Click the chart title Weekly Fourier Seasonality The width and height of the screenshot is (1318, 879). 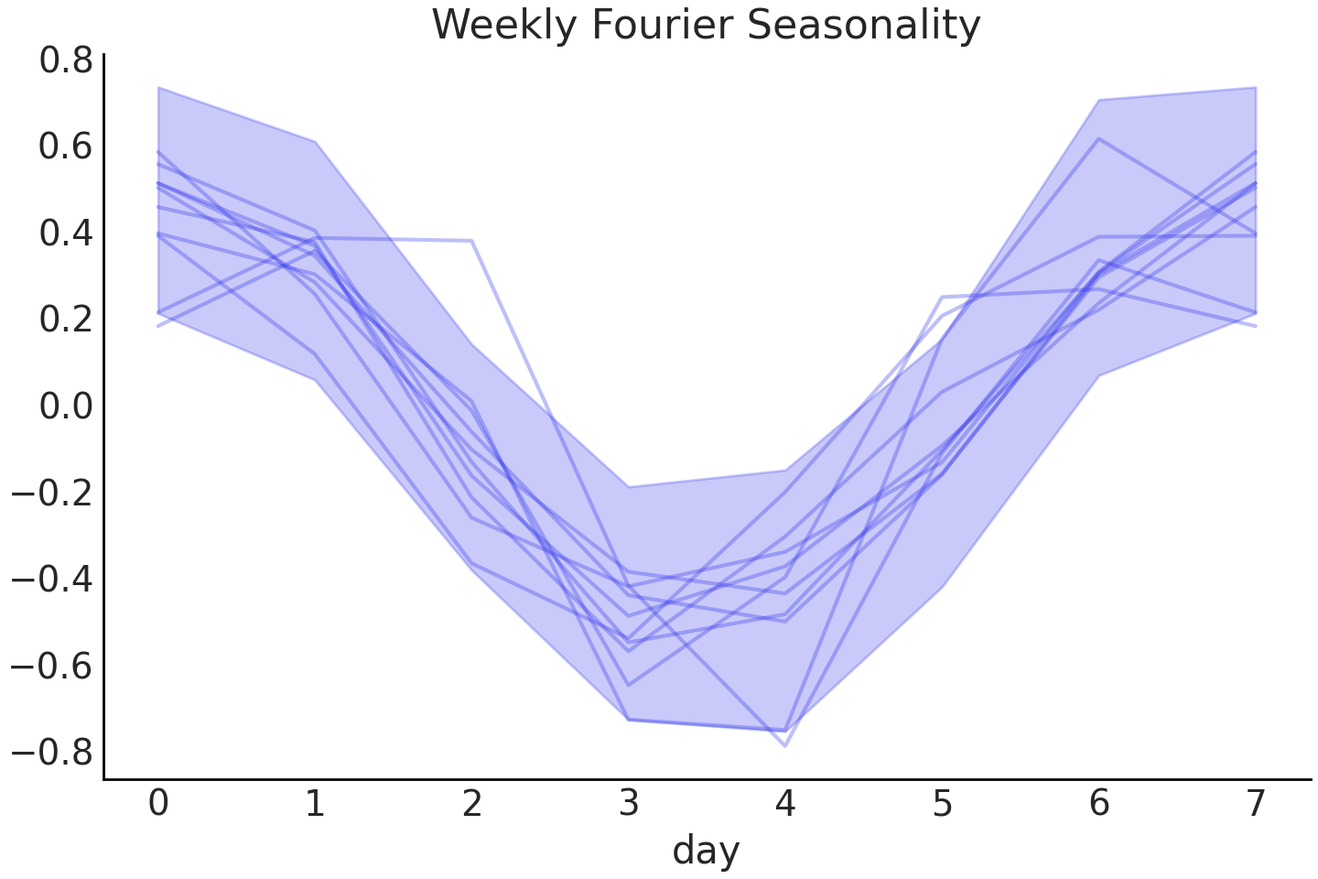pos(706,25)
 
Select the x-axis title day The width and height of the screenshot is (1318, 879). pos(706,851)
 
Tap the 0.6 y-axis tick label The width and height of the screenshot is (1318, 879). pos(66,146)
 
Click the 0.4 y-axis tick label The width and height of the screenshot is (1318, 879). pos(66,233)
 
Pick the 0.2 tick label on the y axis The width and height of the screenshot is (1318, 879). pos(66,320)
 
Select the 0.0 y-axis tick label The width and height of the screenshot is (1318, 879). pos(66,406)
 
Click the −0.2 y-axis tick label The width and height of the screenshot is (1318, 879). pos(52,493)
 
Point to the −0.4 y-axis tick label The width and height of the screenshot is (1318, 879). pos(52,579)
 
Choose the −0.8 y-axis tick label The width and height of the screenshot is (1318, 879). pos(52,752)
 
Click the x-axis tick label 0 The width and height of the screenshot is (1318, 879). pos(158,804)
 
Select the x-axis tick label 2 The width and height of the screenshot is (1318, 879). pos(472,804)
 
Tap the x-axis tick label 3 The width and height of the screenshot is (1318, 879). pos(629,804)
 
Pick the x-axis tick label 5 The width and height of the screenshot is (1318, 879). pos(943,804)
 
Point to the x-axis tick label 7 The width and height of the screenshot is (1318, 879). pos(1256,804)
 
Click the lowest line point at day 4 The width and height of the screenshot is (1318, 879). pos(785,746)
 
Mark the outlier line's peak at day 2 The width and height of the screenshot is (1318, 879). pos(472,241)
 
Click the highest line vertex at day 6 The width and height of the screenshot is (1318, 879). pos(1099,138)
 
